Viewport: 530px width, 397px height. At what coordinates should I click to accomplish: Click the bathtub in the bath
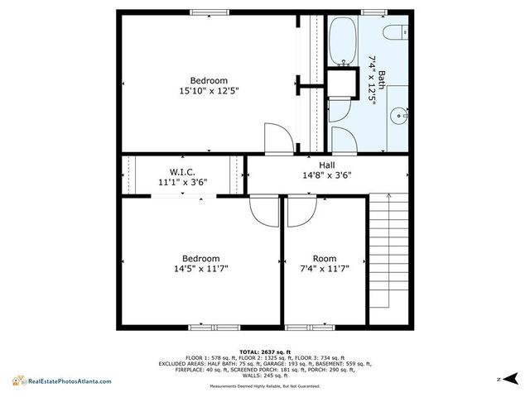point(342,41)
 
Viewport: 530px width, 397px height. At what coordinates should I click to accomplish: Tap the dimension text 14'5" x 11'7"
point(200,269)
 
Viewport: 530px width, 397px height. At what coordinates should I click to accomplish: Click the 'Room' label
point(324,258)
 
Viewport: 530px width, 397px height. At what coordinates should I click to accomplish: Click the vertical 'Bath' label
point(382,84)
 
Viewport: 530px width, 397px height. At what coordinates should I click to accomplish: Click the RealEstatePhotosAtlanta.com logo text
point(68,380)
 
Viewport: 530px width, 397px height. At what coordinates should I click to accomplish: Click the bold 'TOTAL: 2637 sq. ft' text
point(264,352)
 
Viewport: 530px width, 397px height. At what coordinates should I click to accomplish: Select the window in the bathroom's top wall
point(373,12)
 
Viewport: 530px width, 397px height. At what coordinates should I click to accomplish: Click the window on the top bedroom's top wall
point(210,12)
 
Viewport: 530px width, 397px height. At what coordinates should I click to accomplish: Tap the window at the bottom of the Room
point(308,328)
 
